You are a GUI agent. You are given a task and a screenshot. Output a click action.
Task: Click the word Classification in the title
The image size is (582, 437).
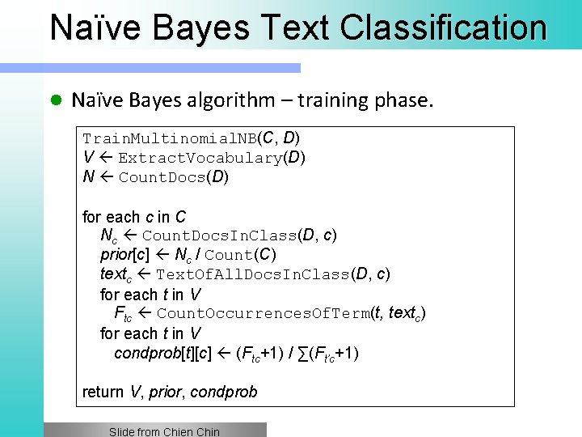444,28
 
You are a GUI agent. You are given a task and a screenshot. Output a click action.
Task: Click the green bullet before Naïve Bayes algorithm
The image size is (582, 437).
55,100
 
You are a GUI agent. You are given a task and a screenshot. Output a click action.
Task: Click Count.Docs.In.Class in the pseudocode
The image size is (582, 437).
219,236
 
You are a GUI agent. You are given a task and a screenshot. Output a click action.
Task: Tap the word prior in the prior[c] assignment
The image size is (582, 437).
116,256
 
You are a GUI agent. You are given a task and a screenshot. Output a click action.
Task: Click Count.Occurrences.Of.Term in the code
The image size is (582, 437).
264,314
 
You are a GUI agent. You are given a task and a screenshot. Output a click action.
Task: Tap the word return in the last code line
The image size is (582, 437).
103,392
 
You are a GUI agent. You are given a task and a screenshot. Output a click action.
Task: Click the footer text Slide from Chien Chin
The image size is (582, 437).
164,431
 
